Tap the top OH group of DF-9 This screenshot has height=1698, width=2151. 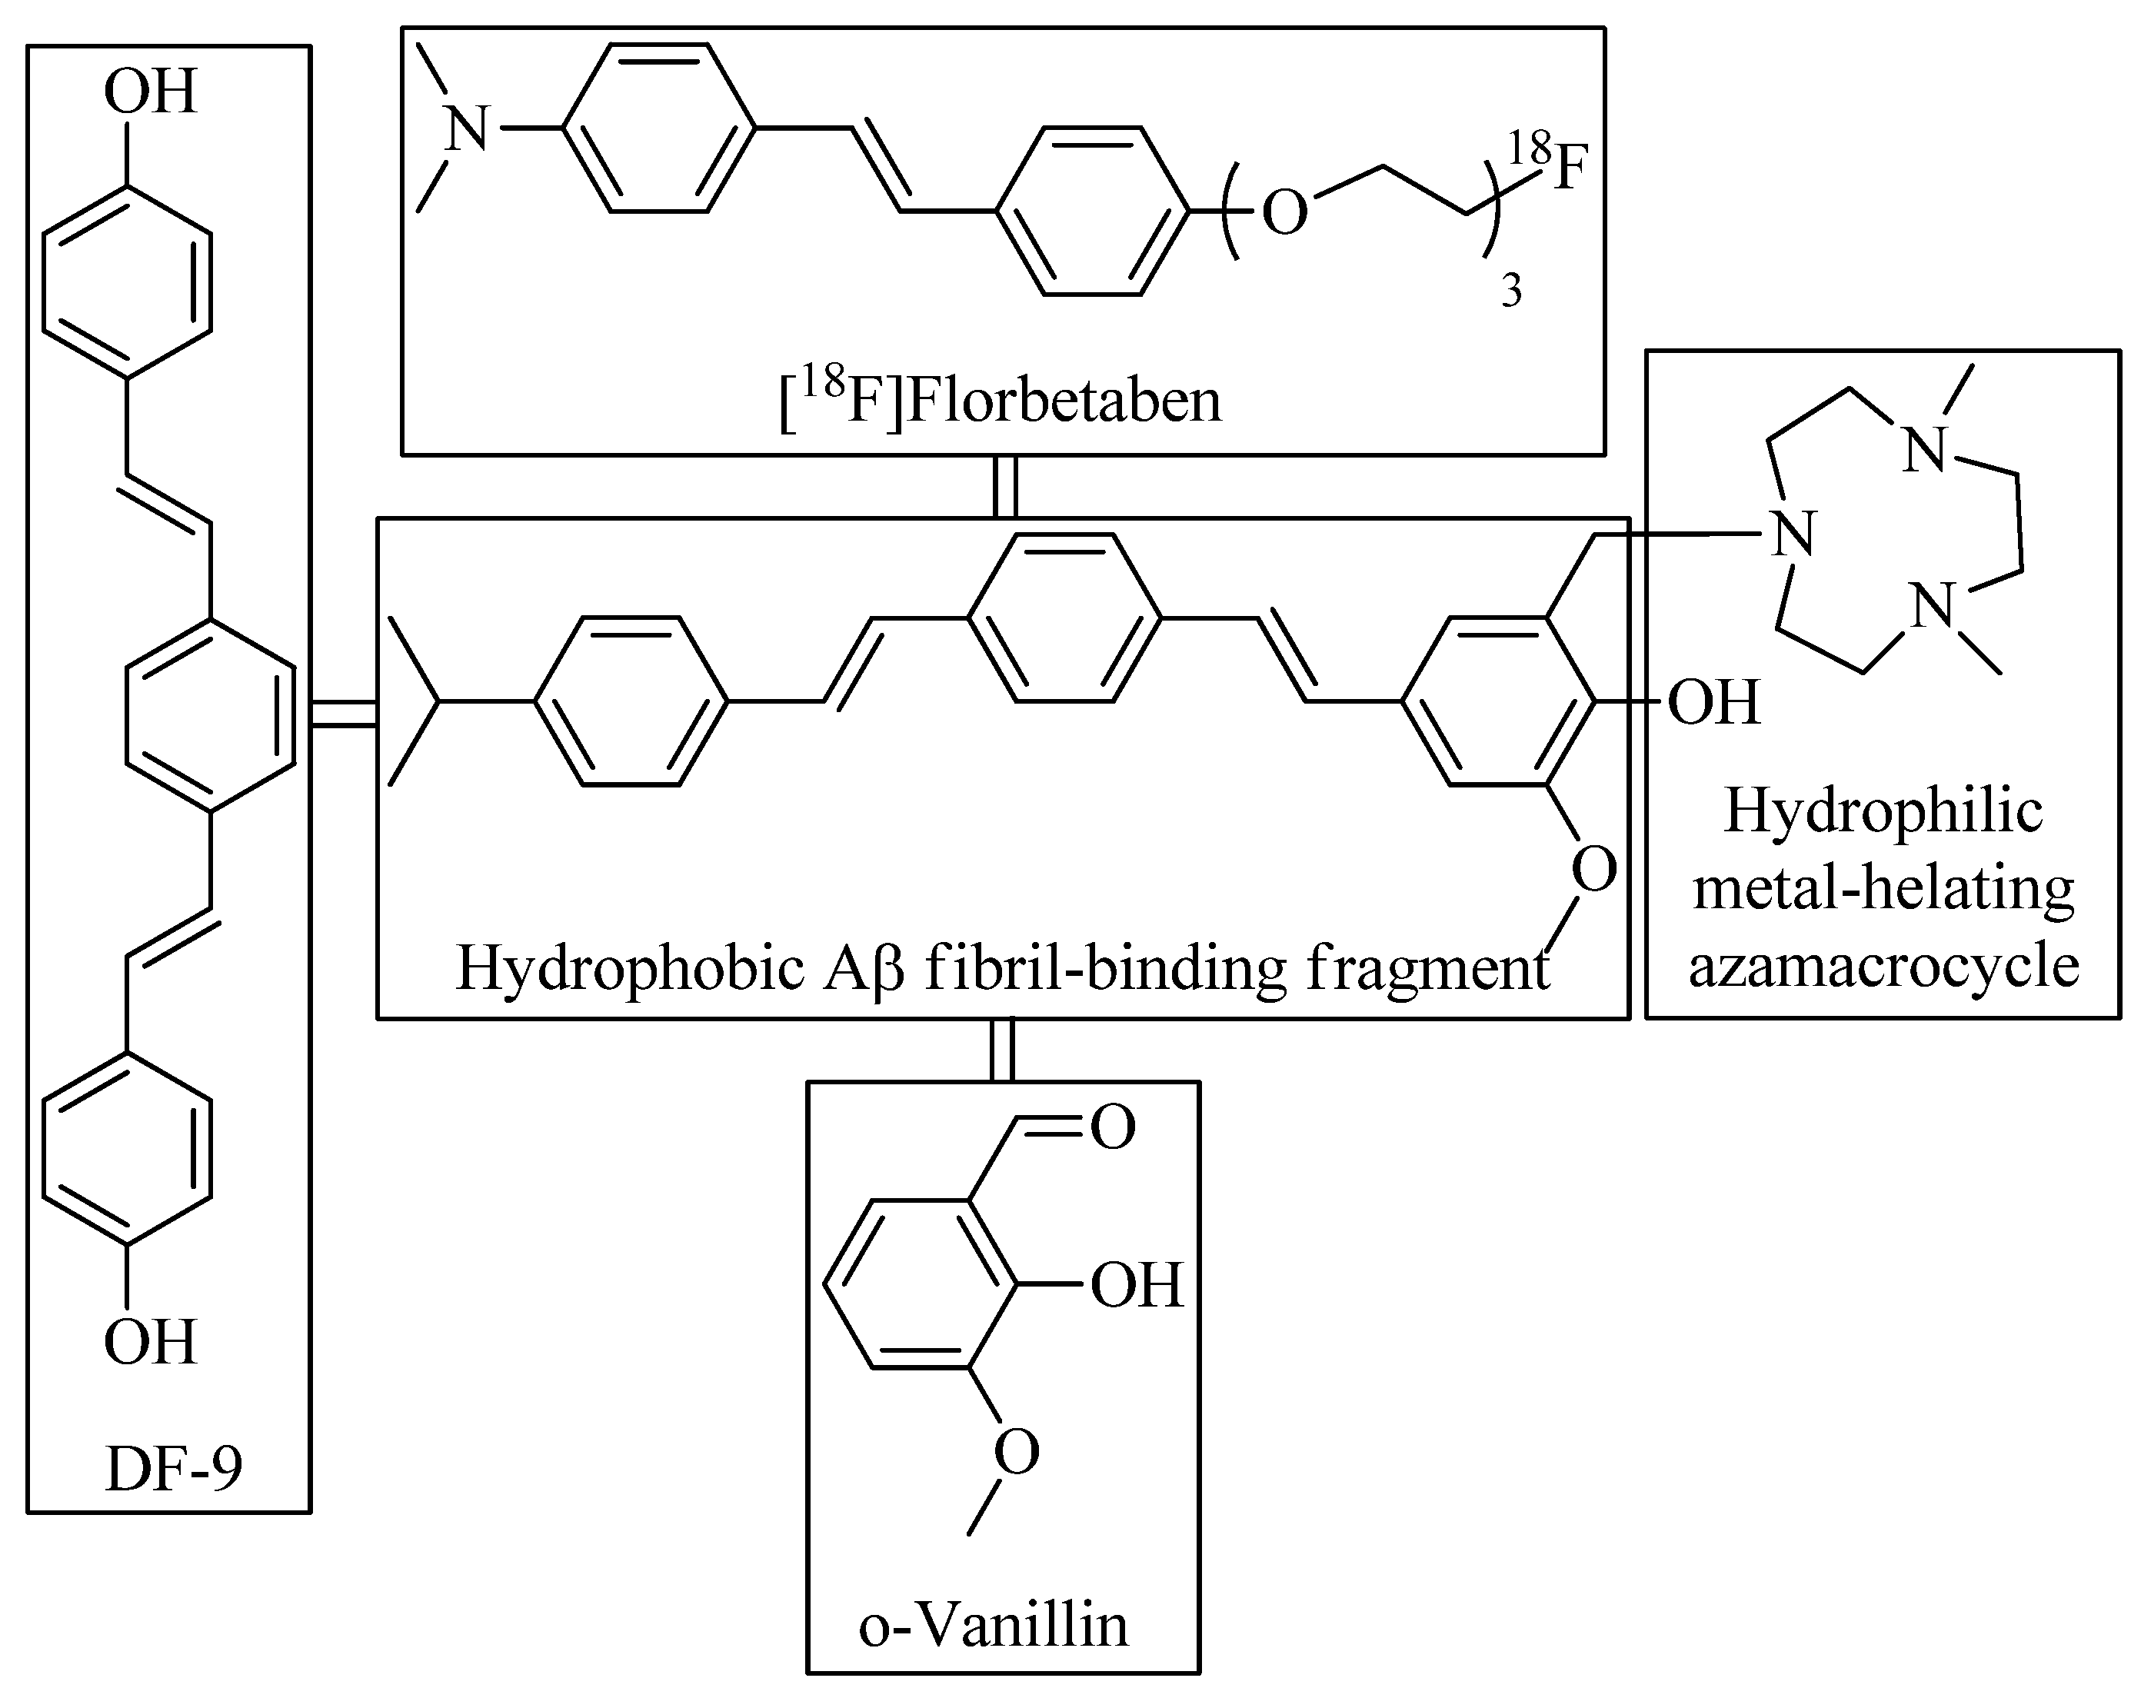coord(150,92)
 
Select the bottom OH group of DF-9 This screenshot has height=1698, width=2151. coord(150,1342)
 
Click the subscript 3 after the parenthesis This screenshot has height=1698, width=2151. coord(1511,292)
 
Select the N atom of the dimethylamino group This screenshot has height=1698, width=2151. coord(466,129)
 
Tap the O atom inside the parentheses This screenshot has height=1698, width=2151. coord(1284,213)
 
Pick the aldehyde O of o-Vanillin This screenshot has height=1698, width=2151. coord(1114,1127)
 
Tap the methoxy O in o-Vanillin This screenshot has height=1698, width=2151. coord(1017,1453)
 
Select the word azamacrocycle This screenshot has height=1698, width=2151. coord(1883,965)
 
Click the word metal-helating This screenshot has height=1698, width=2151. coord(1883,887)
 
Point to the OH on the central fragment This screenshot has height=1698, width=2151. coord(1713,702)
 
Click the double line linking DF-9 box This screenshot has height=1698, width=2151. coord(344,714)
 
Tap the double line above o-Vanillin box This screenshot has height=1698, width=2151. coord(1003,1050)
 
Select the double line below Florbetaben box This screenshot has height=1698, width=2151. coord(1006,486)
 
